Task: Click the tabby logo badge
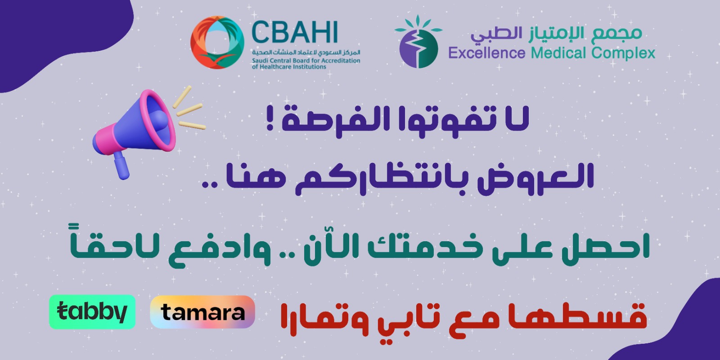tap(92, 312)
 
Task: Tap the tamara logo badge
tap(202, 312)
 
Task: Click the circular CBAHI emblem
tap(217, 42)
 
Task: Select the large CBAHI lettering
tap(294, 32)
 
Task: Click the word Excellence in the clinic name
tap(486, 53)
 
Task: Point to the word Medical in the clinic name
tap(559, 53)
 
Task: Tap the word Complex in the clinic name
tap(623, 54)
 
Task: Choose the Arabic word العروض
tap(535, 179)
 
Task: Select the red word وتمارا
tap(324, 320)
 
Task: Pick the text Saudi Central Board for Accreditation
tap(306, 60)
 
